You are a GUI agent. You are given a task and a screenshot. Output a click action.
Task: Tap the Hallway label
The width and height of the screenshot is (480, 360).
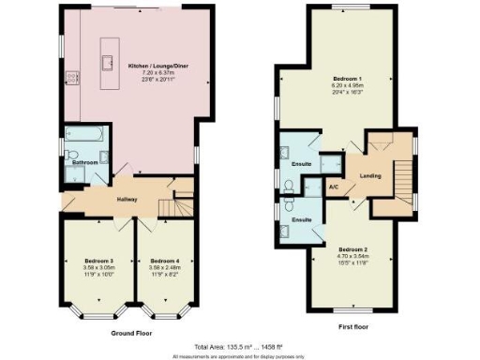[x=128, y=199]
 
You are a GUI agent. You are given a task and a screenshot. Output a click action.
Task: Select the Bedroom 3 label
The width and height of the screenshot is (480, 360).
[x=98, y=260]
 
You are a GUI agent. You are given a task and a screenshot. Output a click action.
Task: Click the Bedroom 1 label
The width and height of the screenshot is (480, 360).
[x=347, y=78]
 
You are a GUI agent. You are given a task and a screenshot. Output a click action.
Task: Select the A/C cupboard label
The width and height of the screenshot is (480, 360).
[x=333, y=187]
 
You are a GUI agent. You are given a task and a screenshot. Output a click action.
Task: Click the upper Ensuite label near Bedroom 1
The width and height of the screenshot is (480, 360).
[x=301, y=165]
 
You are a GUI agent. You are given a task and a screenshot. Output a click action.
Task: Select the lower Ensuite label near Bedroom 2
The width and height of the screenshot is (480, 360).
[x=301, y=219]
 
